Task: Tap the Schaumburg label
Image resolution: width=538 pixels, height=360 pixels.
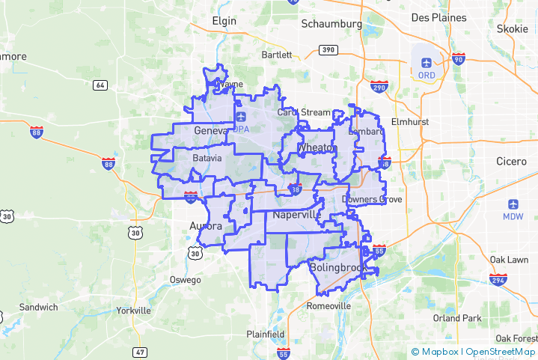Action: tap(331, 24)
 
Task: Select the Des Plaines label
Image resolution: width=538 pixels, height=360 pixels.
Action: tap(438, 17)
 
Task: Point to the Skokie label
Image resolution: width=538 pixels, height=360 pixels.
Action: tap(513, 29)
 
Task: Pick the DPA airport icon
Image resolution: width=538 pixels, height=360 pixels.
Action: tap(241, 118)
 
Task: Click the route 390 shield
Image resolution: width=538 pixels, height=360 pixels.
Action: tap(326, 49)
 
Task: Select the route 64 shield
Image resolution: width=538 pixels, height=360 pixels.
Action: tap(99, 85)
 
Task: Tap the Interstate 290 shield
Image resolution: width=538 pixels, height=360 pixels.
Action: tap(379, 88)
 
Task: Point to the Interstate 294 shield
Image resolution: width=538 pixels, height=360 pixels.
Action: tap(498, 279)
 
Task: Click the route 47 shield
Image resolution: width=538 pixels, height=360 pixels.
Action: tap(141, 351)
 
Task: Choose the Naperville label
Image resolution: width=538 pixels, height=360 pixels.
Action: tap(297, 215)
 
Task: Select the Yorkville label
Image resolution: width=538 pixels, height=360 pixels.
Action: tap(134, 310)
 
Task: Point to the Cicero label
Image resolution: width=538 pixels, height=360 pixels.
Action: tap(511, 161)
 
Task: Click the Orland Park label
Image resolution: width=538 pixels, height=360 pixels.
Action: tap(457, 317)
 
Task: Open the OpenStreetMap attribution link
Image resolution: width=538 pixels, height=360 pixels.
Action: tap(501, 352)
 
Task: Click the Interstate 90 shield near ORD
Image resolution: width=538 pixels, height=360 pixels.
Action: tap(458, 59)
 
